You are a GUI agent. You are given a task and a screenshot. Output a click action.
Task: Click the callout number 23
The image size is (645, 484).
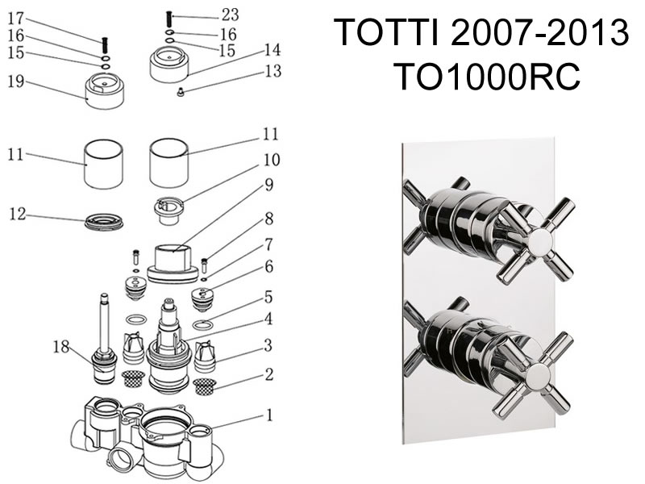(x=231, y=15)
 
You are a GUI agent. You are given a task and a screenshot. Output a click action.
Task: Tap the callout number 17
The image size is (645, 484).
(x=16, y=19)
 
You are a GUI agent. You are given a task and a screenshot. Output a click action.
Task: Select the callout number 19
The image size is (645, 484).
(x=16, y=81)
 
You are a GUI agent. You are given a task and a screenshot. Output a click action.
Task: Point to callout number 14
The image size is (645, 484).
(x=273, y=50)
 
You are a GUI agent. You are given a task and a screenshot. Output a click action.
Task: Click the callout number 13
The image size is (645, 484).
(x=273, y=71)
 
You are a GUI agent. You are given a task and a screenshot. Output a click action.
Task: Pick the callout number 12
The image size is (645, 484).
(x=18, y=214)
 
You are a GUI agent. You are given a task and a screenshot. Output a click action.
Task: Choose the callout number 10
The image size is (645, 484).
(x=272, y=160)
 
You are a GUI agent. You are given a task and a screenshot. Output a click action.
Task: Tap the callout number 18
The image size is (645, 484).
(x=61, y=347)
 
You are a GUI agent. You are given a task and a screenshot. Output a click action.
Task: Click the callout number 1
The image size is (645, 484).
(x=269, y=415)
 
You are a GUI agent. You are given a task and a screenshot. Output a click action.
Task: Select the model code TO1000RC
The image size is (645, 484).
(x=487, y=77)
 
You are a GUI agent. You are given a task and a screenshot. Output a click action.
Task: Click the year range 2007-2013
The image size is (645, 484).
(x=539, y=32)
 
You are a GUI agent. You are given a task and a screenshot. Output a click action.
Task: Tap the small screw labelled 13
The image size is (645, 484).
(x=180, y=93)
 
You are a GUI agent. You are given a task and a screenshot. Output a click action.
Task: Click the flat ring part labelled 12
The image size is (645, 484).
(x=104, y=221)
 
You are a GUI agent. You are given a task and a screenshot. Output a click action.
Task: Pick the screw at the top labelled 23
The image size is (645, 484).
(x=169, y=19)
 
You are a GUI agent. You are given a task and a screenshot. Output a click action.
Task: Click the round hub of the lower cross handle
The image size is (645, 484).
(x=539, y=376)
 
